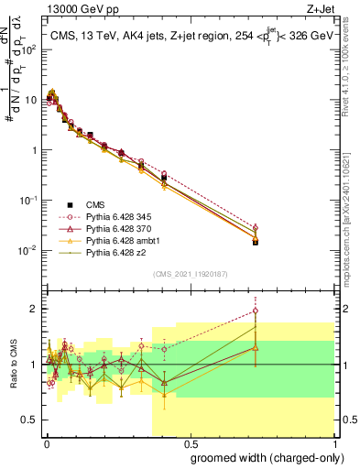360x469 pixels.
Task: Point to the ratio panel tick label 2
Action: point(35,309)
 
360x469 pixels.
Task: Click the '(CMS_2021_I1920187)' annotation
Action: point(190,273)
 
